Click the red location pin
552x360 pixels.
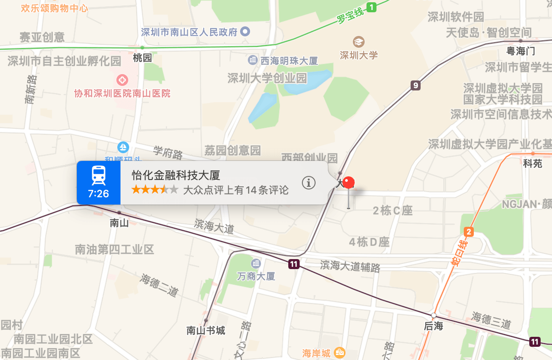(x=349, y=183)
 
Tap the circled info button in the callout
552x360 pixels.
(x=309, y=183)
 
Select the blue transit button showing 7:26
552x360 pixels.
(x=99, y=182)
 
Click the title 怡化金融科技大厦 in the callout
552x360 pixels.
(x=176, y=175)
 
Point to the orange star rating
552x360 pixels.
(x=155, y=190)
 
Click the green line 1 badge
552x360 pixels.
(x=372, y=7)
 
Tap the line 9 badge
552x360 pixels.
(x=415, y=85)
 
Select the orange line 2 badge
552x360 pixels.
(x=469, y=232)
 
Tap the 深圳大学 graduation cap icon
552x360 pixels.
(x=359, y=42)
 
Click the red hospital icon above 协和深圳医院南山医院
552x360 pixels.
(x=122, y=80)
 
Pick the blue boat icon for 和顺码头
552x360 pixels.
(x=123, y=147)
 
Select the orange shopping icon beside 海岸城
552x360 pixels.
(x=339, y=352)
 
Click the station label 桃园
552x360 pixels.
(x=142, y=58)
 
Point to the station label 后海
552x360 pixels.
(x=433, y=326)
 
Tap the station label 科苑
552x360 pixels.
(x=532, y=164)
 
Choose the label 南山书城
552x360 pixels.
(x=206, y=330)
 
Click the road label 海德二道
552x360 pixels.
(x=159, y=284)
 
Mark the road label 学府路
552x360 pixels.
(x=168, y=153)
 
